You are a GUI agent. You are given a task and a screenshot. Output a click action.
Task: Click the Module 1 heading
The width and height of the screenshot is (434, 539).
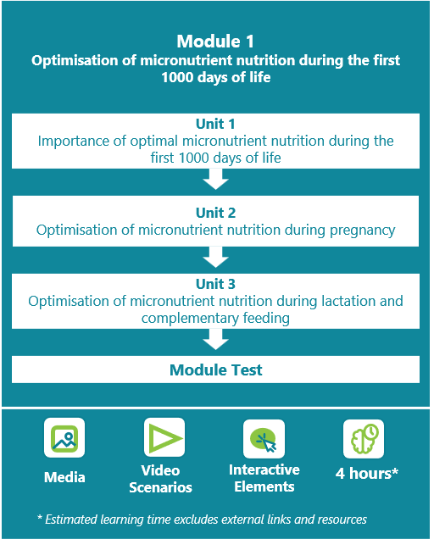(x=215, y=42)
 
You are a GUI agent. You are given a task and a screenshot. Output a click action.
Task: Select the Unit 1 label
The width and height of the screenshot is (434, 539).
(x=215, y=124)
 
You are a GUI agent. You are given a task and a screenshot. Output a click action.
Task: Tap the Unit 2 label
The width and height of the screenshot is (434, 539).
(x=215, y=213)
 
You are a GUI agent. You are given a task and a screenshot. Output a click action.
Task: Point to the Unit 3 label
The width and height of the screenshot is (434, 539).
(x=215, y=284)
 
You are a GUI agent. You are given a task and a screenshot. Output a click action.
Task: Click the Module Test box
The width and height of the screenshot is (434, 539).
(x=215, y=370)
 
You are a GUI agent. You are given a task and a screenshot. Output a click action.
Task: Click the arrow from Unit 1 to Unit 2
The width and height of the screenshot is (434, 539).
(x=215, y=179)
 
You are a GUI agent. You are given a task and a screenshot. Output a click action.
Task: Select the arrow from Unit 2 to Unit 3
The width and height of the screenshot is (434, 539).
(x=215, y=257)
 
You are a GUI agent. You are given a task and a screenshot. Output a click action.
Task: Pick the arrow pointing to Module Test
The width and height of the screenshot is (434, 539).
(x=215, y=340)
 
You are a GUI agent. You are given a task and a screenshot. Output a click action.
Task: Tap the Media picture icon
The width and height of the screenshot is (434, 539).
(x=64, y=438)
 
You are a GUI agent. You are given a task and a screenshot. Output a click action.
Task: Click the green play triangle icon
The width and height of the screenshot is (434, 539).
(x=164, y=437)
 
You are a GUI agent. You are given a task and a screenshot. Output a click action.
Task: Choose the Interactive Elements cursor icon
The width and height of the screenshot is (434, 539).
(x=264, y=439)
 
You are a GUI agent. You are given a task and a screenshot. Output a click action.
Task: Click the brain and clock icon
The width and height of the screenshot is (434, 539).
(x=364, y=439)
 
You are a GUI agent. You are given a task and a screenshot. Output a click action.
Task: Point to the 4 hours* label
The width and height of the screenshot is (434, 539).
(x=367, y=474)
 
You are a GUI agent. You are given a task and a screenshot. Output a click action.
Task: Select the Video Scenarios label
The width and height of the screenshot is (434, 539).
(x=160, y=479)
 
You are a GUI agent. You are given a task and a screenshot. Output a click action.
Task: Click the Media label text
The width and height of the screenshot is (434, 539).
(x=64, y=477)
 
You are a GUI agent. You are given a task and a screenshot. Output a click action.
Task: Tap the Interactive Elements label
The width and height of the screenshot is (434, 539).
(x=264, y=478)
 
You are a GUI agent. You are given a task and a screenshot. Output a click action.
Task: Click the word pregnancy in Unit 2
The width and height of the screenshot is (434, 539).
(x=363, y=231)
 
